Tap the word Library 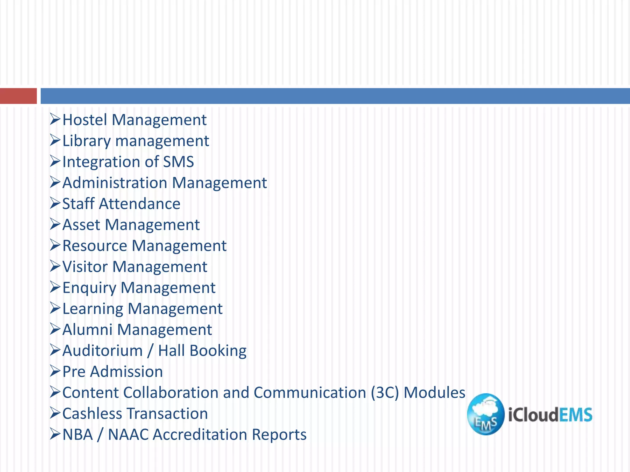[86, 141]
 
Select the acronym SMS [178, 162]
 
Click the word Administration [114, 183]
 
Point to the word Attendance [140, 204]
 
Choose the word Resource [95, 246]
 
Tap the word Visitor [85, 267]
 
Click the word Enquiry [89, 288]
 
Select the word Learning [93, 309]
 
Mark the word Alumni [87, 330]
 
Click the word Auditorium [102, 351]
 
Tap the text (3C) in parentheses [385, 393]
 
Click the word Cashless [92, 414]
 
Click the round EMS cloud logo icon [485, 414]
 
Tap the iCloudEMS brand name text [550, 415]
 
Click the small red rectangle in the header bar [18, 96]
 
